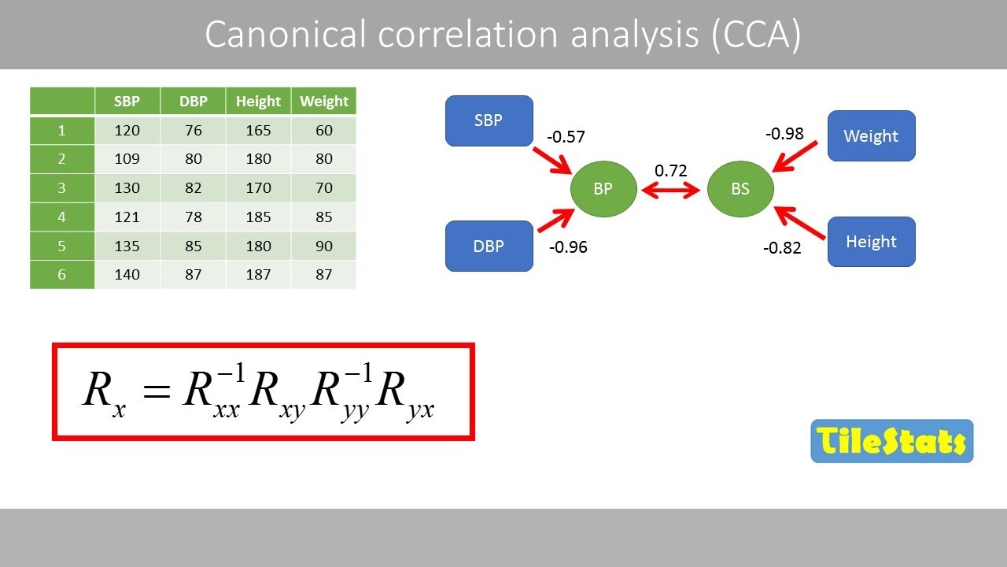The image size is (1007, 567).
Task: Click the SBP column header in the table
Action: [x=127, y=102]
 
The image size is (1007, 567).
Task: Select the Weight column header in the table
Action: [x=323, y=102]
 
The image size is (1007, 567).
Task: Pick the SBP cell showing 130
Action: [x=127, y=188]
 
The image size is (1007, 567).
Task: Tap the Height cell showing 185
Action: [x=258, y=217]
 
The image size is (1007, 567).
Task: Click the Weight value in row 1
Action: [x=323, y=131]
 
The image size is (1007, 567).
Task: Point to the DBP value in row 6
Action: [x=193, y=275]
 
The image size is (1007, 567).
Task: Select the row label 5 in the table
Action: [x=61, y=246]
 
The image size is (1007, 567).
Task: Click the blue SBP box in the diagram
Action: [x=489, y=121]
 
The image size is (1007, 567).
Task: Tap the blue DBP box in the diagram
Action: [x=489, y=246]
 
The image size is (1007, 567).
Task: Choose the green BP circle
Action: [x=603, y=189]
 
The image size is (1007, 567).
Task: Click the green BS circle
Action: [x=740, y=189]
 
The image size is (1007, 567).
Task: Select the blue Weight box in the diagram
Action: [x=871, y=136]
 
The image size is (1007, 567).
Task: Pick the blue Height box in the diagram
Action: [x=871, y=242]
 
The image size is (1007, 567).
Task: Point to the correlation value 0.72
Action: [x=671, y=171]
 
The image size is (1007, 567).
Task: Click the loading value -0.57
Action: [x=566, y=137]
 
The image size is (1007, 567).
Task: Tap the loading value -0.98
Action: [x=784, y=134]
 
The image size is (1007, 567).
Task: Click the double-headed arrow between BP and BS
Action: [x=671, y=190]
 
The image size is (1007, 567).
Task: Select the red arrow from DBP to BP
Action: [x=556, y=220]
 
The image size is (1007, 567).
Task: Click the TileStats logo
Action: [x=891, y=441]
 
